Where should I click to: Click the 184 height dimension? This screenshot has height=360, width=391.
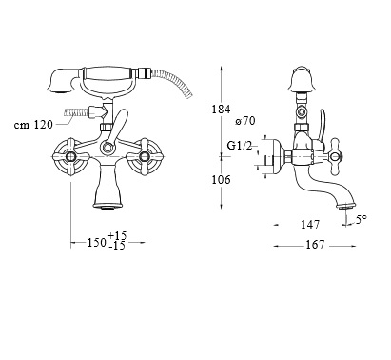click(221, 110)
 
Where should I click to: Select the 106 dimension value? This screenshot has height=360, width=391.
click(221, 180)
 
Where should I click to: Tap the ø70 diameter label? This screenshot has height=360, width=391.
click(245, 121)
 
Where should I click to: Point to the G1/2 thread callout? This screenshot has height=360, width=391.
click(240, 146)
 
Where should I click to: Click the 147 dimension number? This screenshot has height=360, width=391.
click(310, 225)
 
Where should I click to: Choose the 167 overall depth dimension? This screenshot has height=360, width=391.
click(315, 245)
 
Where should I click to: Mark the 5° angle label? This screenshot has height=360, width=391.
click(361, 219)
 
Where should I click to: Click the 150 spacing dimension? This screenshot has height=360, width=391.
click(97, 243)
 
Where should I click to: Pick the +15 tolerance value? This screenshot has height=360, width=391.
click(117, 236)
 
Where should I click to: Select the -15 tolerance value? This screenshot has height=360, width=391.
click(117, 246)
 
